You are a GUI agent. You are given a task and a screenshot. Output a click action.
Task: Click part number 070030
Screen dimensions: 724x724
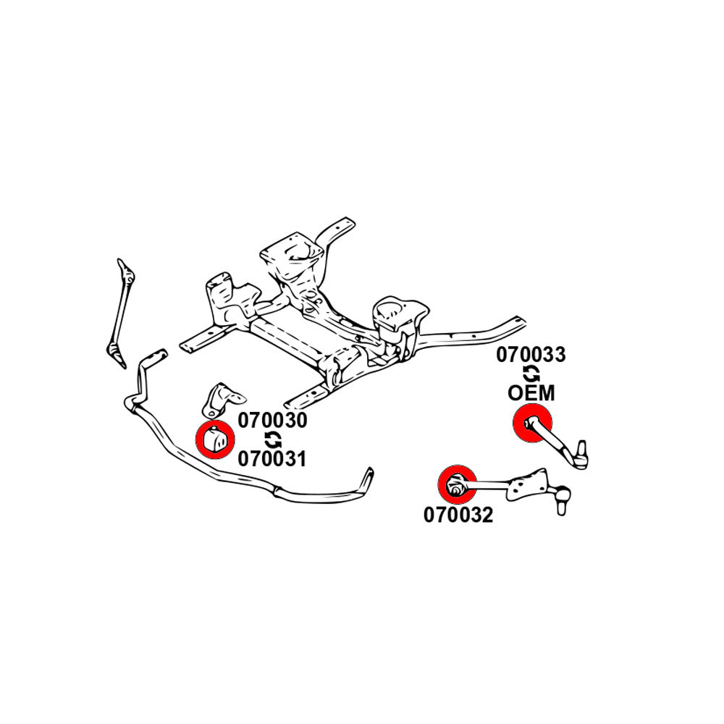[x=273, y=421]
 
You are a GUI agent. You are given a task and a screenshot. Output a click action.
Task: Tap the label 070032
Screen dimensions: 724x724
[x=458, y=515]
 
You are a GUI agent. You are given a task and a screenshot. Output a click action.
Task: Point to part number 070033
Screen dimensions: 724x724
[x=531, y=355]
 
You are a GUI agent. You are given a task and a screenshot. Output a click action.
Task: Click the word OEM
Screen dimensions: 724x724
[x=531, y=393]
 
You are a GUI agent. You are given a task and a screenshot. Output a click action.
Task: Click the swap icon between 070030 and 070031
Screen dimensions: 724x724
[x=273, y=439]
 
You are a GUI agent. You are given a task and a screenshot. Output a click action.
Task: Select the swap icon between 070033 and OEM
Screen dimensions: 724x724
[x=531, y=374]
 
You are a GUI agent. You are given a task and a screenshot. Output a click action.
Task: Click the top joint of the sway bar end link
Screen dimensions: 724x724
[x=127, y=274]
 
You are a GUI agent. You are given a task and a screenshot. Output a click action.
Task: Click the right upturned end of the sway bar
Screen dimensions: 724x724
[x=368, y=480]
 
